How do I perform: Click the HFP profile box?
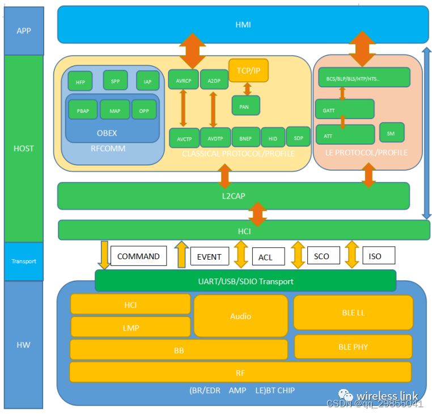[x=80, y=81]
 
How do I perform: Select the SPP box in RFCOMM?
[x=115, y=80]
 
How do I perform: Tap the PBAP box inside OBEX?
[x=83, y=110]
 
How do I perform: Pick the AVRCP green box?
[x=183, y=80]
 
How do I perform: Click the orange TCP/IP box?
[x=248, y=70]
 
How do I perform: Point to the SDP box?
[x=298, y=137]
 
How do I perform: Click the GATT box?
[x=344, y=109]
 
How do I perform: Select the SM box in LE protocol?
[x=391, y=133]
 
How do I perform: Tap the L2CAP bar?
[x=233, y=196]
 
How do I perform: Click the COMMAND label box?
[x=138, y=256]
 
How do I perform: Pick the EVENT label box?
[x=209, y=257]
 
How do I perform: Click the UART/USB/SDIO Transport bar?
[x=245, y=281]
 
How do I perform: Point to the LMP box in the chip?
[x=130, y=327]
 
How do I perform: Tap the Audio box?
[x=240, y=316]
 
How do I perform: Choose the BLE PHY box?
[x=353, y=347]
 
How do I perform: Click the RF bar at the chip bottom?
[x=240, y=372]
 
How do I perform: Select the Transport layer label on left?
[x=24, y=261]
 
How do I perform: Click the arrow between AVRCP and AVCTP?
[x=183, y=108]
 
